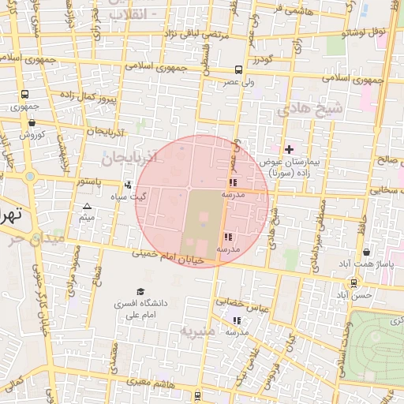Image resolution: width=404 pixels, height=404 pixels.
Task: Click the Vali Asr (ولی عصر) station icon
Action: (238, 70)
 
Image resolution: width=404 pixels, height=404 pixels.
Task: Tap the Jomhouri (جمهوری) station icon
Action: (24, 95)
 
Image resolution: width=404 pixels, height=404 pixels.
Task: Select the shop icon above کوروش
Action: (31, 122)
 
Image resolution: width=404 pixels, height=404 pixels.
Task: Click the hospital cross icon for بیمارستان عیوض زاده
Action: (289, 148)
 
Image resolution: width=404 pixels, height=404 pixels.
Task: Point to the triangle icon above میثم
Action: (87, 206)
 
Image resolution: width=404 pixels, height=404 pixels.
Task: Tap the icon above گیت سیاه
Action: (128, 185)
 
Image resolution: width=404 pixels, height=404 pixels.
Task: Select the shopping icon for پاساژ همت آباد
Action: (367, 252)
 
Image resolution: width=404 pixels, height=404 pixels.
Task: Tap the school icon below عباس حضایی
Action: (237, 320)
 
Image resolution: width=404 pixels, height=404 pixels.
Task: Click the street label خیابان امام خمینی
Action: (169, 256)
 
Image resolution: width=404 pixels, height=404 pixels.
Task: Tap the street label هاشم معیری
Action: (140, 383)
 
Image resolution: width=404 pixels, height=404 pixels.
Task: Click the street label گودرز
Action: (263, 60)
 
